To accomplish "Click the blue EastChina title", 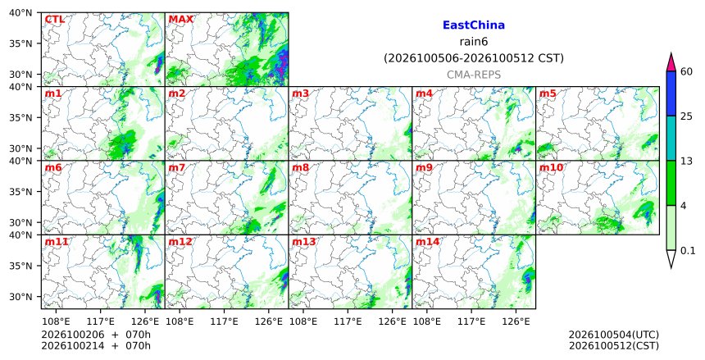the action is click(x=474, y=25).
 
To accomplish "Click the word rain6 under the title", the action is click(x=474, y=42).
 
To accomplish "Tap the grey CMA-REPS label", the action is click(x=474, y=75).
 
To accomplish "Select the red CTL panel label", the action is click(x=54, y=20).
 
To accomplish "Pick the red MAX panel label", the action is click(x=180, y=20).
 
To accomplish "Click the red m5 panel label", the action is click(x=548, y=93).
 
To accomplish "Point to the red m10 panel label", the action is click(x=551, y=168).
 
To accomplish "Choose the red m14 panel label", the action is click(x=427, y=242).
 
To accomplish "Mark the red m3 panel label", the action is click(x=300, y=93).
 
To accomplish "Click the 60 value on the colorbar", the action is click(x=687, y=71).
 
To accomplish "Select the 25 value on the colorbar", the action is click(x=687, y=116).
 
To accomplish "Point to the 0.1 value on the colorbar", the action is click(x=688, y=251).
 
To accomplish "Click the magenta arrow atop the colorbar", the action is click(x=671, y=62).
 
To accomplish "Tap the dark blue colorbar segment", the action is click(x=671, y=93).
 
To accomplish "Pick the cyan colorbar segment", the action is click(x=671, y=138).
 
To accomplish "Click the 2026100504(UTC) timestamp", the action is click(x=614, y=335).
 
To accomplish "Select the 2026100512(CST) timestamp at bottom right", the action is click(x=614, y=346).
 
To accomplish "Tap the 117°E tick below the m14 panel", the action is click(x=471, y=321).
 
